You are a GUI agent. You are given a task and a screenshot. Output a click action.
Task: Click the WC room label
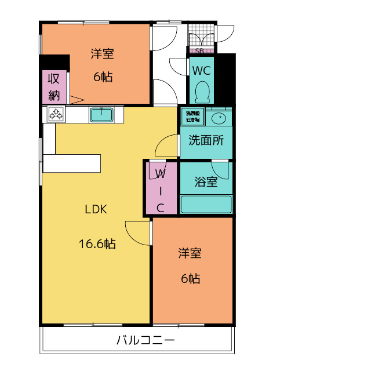click(x=202, y=70)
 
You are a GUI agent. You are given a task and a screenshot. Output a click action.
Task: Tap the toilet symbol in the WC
click(x=202, y=91)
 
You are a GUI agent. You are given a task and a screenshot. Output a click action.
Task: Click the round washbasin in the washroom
click(x=219, y=119)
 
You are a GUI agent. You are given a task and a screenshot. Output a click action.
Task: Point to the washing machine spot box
click(x=192, y=117)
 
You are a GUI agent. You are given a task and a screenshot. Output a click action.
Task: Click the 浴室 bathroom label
click(x=206, y=181)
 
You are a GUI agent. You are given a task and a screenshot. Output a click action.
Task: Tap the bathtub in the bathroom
click(x=206, y=205)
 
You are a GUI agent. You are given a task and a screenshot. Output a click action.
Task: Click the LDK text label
click(x=96, y=210)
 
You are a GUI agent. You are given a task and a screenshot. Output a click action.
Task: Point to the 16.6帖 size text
click(x=97, y=244)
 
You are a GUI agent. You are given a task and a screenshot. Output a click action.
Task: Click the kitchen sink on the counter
click(x=102, y=115)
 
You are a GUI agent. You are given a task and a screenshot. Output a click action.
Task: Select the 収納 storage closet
click(x=54, y=87)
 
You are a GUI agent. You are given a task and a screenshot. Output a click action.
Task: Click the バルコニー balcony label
click(x=145, y=340)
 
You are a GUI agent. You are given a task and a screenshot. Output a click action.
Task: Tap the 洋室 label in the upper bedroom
click(x=102, y=54)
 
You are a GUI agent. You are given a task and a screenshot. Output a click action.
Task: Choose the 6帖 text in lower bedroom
click(x=190, y=279)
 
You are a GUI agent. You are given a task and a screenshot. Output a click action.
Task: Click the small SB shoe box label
click(x=199, y=51)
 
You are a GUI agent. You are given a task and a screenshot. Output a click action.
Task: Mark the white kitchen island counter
click(x=72, y=163)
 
